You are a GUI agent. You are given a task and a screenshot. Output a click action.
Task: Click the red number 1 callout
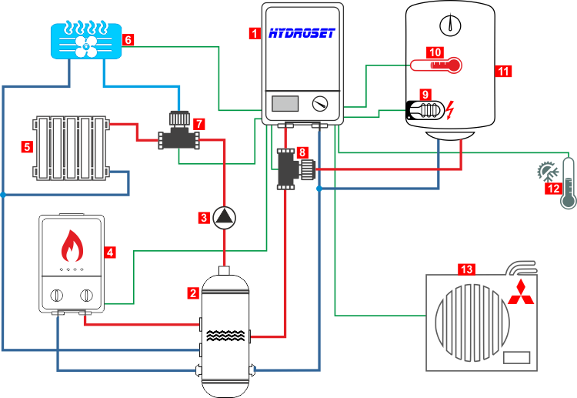255,33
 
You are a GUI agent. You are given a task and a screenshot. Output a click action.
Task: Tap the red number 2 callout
193,293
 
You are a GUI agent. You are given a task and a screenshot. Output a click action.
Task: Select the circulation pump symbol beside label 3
224,217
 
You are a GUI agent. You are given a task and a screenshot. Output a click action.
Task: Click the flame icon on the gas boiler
72,246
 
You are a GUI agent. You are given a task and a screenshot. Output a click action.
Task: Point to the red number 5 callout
27,145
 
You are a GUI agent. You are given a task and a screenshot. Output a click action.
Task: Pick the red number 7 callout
199,123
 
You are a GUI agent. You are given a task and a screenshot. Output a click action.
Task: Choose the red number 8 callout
302,152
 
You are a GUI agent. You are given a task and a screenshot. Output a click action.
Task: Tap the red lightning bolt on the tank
450,110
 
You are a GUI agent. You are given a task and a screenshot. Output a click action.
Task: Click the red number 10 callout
435,52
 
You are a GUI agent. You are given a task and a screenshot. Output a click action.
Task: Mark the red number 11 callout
504,71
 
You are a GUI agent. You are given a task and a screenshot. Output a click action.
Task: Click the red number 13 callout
467,269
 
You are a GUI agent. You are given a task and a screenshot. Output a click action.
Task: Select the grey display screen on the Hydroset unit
285,104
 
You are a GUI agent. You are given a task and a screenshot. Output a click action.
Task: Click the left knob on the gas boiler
56,295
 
